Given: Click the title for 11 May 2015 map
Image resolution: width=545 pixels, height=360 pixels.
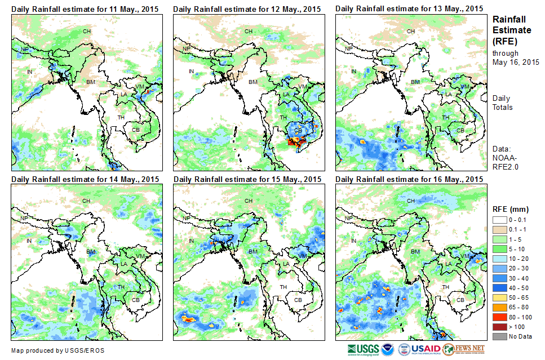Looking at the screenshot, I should pyautogui.click(x=85, y=8).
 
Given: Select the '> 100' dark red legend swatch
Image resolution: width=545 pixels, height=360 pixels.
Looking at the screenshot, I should pyautogui.click(x=500, y=327).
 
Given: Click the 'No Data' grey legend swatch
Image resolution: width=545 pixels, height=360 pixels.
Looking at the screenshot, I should pyautogui.click(x=500, y=336).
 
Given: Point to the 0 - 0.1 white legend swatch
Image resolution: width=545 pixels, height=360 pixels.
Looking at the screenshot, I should pyautogui.click(x=500, y=219).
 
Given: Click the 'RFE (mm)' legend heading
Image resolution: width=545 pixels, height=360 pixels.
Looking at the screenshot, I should pyautogui.click(x=511, y=209).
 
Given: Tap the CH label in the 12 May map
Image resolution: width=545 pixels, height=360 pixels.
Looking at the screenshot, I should pyautogui.click(x=248, y=31).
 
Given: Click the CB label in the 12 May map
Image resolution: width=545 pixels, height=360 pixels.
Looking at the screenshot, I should pyautogui.click(x=299, y=130).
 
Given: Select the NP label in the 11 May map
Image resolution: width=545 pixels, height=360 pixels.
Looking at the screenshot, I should pyautogui.click(x=24, y=50).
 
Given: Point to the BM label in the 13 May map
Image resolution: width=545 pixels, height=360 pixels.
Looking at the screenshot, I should pyautogui.click(x=415, y=82).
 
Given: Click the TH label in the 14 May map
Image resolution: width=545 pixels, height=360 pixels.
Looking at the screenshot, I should pyautogui.click(x=121, y=287).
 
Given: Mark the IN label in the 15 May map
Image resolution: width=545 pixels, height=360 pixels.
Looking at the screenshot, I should pyautogui.click(x=192, y=241).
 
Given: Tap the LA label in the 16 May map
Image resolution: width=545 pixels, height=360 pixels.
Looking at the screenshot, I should pyautogui.click(x=449, y=264).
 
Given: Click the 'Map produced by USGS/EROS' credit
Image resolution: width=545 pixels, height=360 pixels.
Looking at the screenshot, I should pyautogui.click(x=57, y=350).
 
